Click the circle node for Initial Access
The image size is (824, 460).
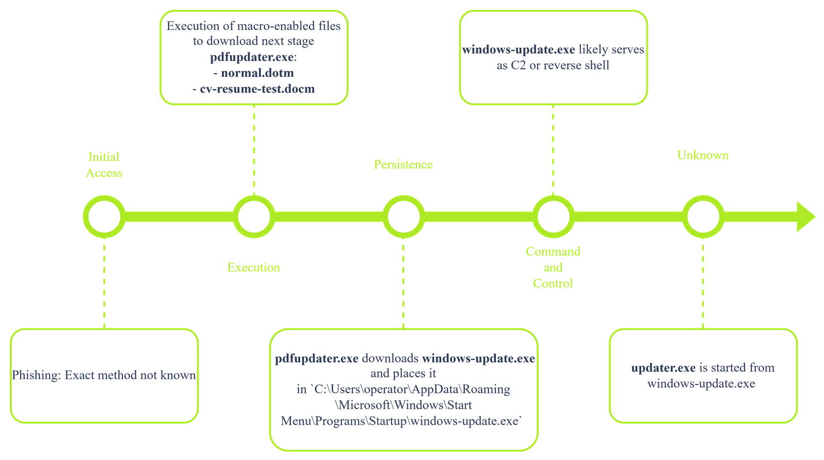point(104,217)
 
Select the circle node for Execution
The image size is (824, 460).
point(253,217)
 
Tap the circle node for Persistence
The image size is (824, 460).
point(403,217)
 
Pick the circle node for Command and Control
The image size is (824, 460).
point(553,217)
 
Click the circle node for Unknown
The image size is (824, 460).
point(703,217)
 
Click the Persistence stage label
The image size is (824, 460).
point(403,164)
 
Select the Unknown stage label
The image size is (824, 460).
point(703,155)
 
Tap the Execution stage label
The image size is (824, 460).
point(253,267)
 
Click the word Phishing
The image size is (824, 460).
point(36,375)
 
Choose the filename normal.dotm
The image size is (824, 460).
point(257,73)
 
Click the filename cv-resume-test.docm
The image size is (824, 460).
point(257,89)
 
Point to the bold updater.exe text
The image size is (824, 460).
point(663,368)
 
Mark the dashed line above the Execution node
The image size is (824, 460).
point(253,150)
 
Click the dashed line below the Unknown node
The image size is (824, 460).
point(703,283)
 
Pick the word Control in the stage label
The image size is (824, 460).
point(553,283)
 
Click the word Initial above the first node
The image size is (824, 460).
point(104,157)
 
